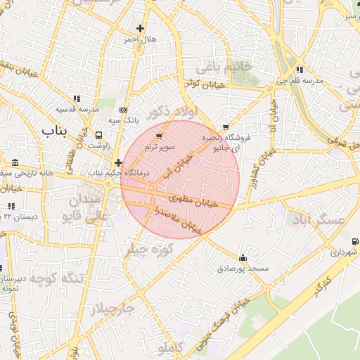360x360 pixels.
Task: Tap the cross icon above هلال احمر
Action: click(141, 29)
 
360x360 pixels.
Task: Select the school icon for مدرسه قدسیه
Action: click(77, 98)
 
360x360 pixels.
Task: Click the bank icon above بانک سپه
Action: click(124, 110)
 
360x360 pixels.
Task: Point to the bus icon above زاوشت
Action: click(98, 135)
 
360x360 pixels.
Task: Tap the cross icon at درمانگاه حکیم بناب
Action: click(118, 162)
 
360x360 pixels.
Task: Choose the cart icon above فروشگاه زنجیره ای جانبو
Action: click(225, 128)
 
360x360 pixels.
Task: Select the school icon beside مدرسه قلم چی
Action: click(300, 70)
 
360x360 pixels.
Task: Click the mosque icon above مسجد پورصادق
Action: click(243, 257)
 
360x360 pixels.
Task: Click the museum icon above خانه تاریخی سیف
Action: click(15, 162)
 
